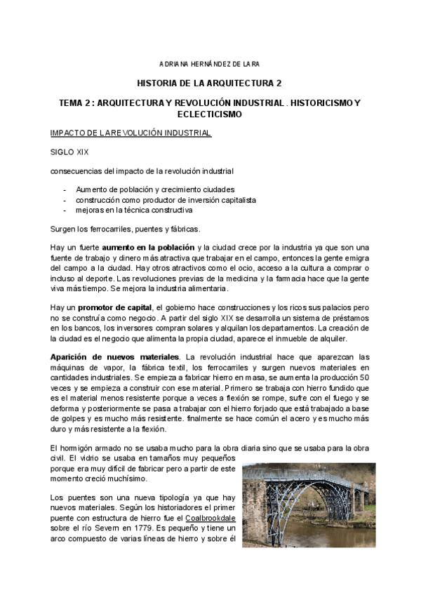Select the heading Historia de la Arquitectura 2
(210, 83)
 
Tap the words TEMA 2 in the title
(76, 102)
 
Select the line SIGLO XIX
(69, 152)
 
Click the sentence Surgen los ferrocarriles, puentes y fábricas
(125, 229)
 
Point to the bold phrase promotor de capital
(114, 307)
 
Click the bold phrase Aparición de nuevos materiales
(114, 356)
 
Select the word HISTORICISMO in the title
(328, 102)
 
